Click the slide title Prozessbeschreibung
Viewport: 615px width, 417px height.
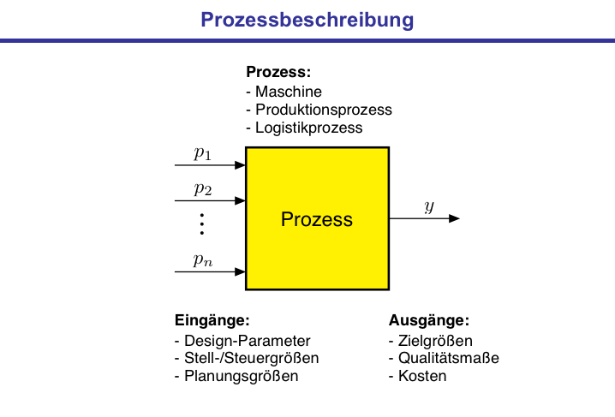click(307, 19)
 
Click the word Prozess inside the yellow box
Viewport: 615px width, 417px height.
click(317, 219)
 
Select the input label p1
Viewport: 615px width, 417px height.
click(202, 154)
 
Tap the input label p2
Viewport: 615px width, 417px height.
click(202, 188)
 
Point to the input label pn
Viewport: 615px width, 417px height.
click(202, 260)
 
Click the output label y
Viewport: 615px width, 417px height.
click(429, 207)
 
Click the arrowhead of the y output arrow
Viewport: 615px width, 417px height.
click(454, 218)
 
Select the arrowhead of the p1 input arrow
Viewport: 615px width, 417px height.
click(240, 165)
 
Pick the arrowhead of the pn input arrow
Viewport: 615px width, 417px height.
click(240, 271)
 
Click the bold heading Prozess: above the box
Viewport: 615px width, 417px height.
click(278, 73)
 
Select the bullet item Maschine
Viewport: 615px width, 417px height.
click(284, 92)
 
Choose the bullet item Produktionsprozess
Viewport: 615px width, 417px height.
click(319, 110)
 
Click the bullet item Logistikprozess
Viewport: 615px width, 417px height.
click(304, 128)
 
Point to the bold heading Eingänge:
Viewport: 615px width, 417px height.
click(212, 321)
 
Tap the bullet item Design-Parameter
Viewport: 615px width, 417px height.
click(242, 340)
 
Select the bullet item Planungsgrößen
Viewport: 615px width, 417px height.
click(236, 376)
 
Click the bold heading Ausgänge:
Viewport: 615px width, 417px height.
click(429, 321)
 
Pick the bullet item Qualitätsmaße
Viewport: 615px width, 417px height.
click(444, 358)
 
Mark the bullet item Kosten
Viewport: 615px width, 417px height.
click(418, 376)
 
